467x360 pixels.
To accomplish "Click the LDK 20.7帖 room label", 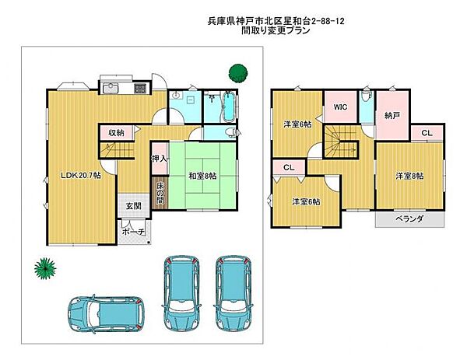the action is (81, 176).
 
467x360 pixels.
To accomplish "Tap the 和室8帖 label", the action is (202, 177).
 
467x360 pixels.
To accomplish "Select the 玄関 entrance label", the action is (133, 205).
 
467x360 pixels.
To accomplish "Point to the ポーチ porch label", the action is (133, 232).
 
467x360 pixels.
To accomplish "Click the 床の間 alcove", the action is (160, 193).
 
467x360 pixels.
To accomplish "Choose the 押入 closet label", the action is (160, 159).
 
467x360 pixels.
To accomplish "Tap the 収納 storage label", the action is (116, 133).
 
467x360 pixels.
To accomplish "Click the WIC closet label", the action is (340, 107).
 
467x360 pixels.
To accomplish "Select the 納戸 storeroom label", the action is (392, 115).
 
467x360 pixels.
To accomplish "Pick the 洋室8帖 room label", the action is (409, 177).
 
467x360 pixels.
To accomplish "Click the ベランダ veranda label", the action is (409, 219).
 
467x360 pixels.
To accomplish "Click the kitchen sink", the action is (111, 88).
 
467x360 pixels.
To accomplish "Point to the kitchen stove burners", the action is (140, 89).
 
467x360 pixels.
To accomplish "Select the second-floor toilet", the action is (366, 96).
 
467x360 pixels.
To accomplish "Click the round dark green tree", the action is (238, 73).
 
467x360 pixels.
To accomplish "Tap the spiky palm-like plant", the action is (45, 268).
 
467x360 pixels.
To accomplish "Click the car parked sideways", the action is (107, 313).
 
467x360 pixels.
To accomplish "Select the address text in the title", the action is (276, 21).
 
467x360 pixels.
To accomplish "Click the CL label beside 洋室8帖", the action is (427, 133).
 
